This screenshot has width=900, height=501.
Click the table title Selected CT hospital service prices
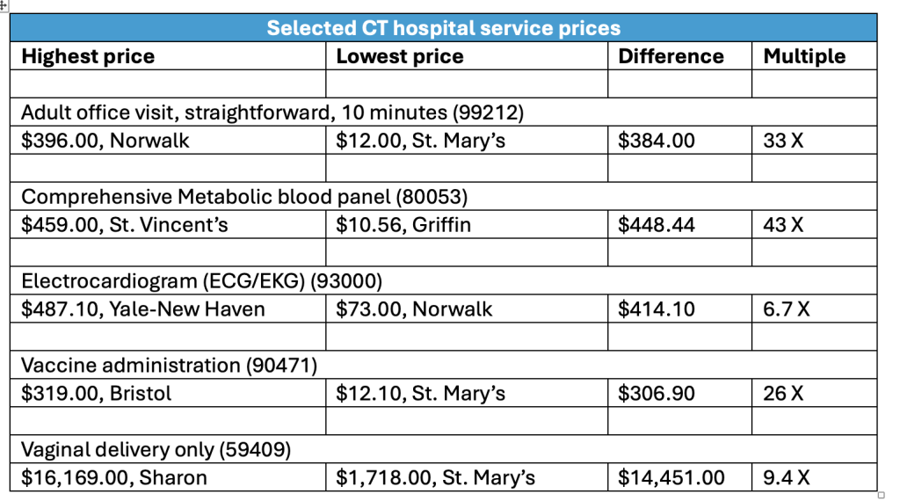click(443, 28)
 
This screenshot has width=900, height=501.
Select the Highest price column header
click(88, 56)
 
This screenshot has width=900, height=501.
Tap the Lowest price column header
click(400, 56)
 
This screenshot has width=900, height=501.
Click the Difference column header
click(671, 56)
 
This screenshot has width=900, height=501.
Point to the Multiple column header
click(804, 56)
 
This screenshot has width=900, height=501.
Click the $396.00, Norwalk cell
click(105, 141)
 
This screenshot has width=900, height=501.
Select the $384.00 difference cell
click(657, 141)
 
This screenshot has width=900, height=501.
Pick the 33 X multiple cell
click(783, 141)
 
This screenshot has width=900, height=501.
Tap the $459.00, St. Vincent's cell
click(125, 225)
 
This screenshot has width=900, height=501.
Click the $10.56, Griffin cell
click(403, 225)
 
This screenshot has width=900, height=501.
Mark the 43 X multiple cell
click(783, 225)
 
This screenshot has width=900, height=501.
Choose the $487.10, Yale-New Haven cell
click(143, 309)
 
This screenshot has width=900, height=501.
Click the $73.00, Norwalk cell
click(414, 309)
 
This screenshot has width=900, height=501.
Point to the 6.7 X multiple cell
click(787, 309)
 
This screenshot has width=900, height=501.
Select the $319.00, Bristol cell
click(97, 394)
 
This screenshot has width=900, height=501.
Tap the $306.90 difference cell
click(657, 394)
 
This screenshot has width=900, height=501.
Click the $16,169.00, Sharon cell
click(114, 478)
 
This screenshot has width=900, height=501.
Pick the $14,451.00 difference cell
click(672, 478)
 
